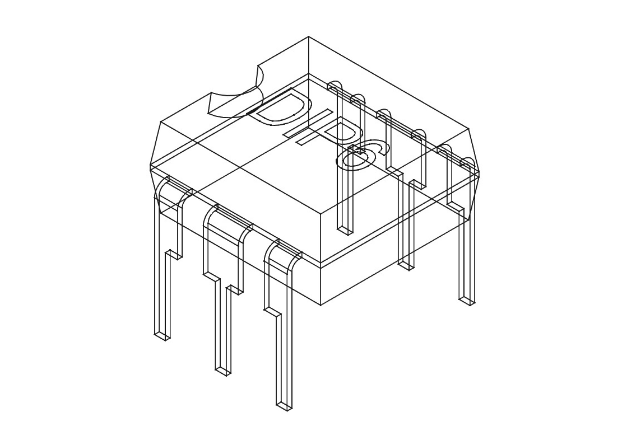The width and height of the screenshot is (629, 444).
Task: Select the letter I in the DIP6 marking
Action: point(308,124)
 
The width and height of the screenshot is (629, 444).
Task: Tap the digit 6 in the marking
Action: point(356,159)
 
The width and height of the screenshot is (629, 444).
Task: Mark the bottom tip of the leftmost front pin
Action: point(162,337)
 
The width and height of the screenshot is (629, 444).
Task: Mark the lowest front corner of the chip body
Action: point(321,305)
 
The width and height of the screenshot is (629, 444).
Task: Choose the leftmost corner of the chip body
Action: point(150,165)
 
